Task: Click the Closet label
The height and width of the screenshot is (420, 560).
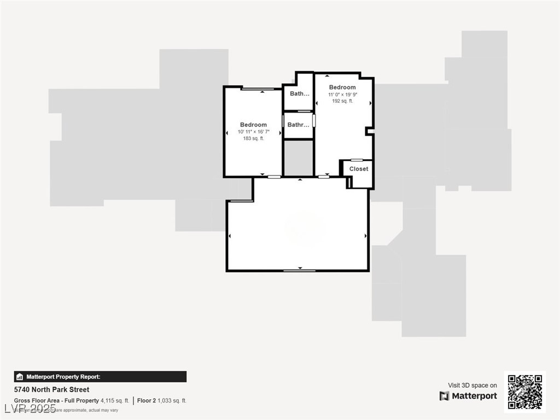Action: pos(359,169)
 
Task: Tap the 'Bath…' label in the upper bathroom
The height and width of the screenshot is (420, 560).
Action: pos(299,94)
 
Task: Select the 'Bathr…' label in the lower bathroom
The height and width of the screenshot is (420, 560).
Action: pos(298,125)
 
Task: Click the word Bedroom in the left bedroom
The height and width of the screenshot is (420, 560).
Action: pos(253,125)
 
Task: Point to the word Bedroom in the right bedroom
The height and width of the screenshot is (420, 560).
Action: pos(342,87)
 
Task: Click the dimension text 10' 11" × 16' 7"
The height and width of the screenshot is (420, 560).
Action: pos(253,132)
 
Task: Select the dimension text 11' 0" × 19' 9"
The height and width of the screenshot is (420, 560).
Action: pos(342,94)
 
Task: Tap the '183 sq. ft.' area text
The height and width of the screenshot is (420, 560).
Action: pos(253,138)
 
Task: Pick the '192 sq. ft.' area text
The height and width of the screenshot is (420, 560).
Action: pos(342,101)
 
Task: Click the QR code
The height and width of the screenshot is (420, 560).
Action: pos(524,392)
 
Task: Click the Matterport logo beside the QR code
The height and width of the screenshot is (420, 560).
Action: pos(468,396)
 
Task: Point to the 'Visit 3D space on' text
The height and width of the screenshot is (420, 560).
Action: pos(472,385)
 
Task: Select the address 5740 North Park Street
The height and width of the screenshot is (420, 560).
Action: pos(51,390)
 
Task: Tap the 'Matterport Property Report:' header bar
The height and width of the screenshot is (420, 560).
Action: pos(100,377)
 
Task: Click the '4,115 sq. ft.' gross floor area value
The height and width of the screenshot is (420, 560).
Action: pos(115,400)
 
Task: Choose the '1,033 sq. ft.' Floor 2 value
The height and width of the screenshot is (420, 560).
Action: pos(172,400)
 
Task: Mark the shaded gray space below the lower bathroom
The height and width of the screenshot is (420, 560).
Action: pos(299,159)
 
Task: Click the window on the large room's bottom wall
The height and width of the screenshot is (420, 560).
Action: pos(299,270)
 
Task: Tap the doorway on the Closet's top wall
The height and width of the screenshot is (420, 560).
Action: pos(357,160)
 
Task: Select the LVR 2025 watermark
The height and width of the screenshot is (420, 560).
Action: pos(30,409)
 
